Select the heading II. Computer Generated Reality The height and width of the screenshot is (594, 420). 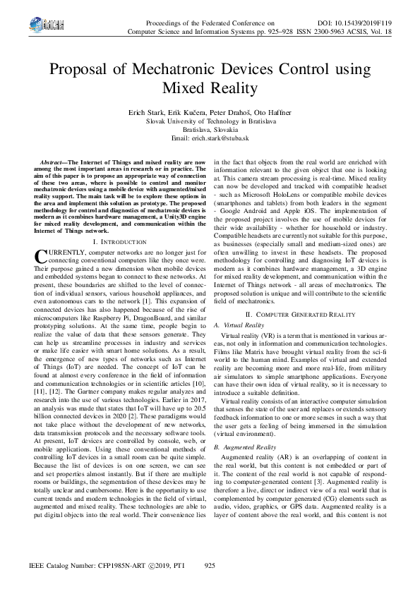coord(300,313)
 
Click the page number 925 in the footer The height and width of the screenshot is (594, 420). coord(209,566)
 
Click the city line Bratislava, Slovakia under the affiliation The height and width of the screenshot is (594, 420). coord(210,131)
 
